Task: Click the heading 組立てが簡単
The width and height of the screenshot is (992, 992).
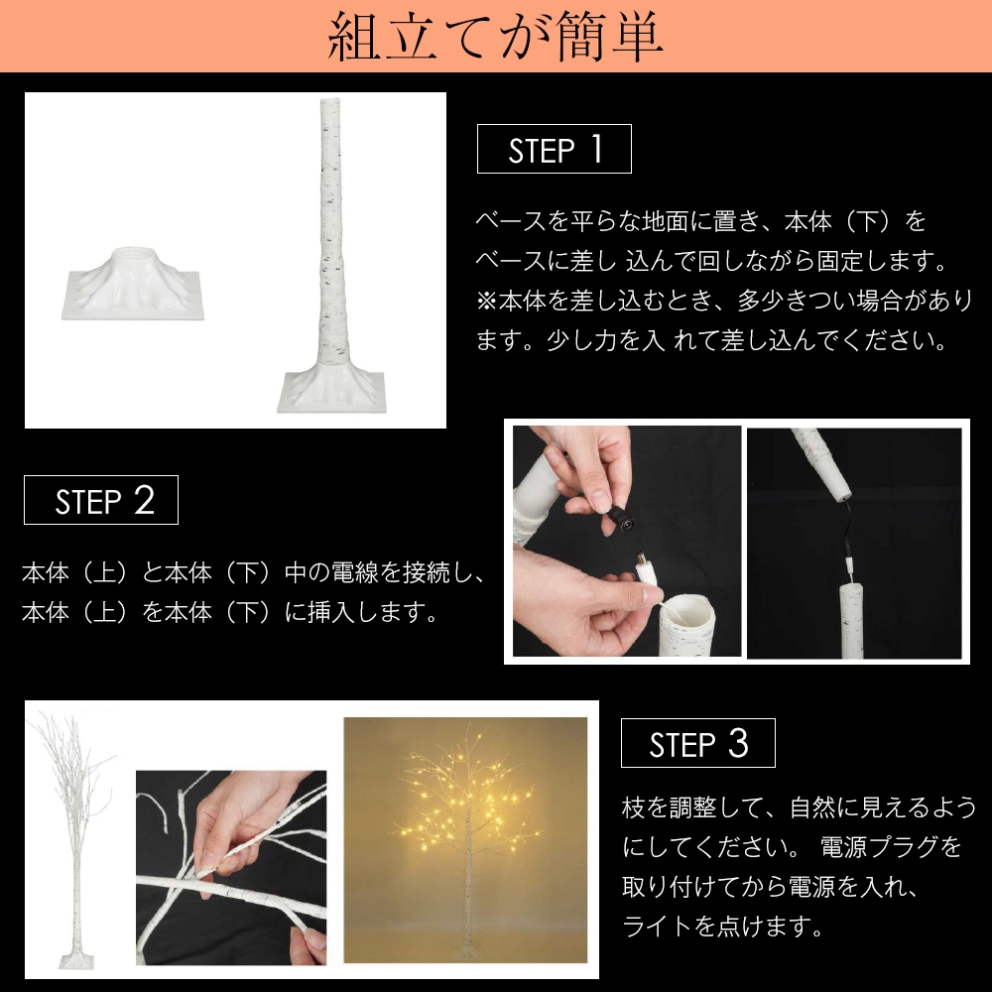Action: [x=495, y=37]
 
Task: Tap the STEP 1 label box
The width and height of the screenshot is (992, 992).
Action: [x=554, y=149]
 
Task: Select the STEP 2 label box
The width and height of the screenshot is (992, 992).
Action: [x=101, y=500]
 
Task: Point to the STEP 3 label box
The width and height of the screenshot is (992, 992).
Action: [x=697, y=743]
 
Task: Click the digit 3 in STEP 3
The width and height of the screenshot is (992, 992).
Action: [x=737, y=743]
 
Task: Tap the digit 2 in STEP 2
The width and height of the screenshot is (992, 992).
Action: [x=144, y=500]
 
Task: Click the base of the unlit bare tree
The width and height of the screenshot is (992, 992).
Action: [x=74, y=959]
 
